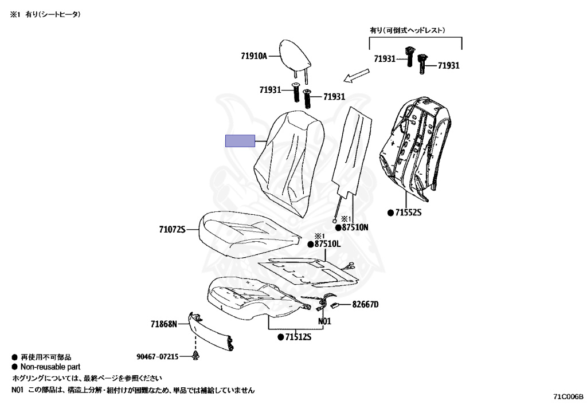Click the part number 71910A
254,56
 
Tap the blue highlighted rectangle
240,141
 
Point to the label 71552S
408,213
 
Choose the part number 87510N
355,227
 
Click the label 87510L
327,244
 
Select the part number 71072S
172,229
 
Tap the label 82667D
365,304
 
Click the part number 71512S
298,337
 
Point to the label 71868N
164,324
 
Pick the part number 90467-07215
158,356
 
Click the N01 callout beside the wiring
324,321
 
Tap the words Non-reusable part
50,367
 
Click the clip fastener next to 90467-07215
195,356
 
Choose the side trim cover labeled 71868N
212,332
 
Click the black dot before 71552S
390,213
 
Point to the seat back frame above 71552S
415,148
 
